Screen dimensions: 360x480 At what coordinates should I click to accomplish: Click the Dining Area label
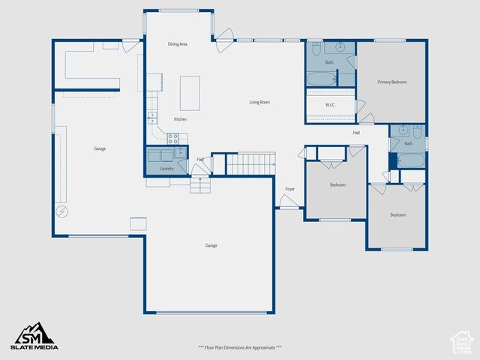point(178,44)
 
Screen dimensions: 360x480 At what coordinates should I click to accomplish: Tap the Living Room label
point(259,102)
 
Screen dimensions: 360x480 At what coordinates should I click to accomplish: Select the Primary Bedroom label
point(392,82)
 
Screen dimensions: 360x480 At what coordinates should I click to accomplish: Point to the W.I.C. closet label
point(330,105)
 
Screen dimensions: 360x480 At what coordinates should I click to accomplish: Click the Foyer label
point(289,189)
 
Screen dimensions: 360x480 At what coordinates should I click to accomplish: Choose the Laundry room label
point(166,168)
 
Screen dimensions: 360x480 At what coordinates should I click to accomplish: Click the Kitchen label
point(180,119)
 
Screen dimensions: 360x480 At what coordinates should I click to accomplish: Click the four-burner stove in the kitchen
point(172,138)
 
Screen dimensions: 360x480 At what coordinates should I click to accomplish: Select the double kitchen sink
point(152,117)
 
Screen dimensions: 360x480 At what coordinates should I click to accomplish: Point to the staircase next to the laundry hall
point(250,163)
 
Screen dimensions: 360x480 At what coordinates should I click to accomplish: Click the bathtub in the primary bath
point(321,79)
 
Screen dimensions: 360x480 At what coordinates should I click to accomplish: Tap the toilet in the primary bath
point(316,49)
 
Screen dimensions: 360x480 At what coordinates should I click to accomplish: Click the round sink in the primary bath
point(340,47)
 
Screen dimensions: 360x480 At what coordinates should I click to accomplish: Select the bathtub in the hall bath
point(410,160)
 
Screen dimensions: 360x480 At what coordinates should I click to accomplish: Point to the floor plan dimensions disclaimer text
point(239,347)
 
